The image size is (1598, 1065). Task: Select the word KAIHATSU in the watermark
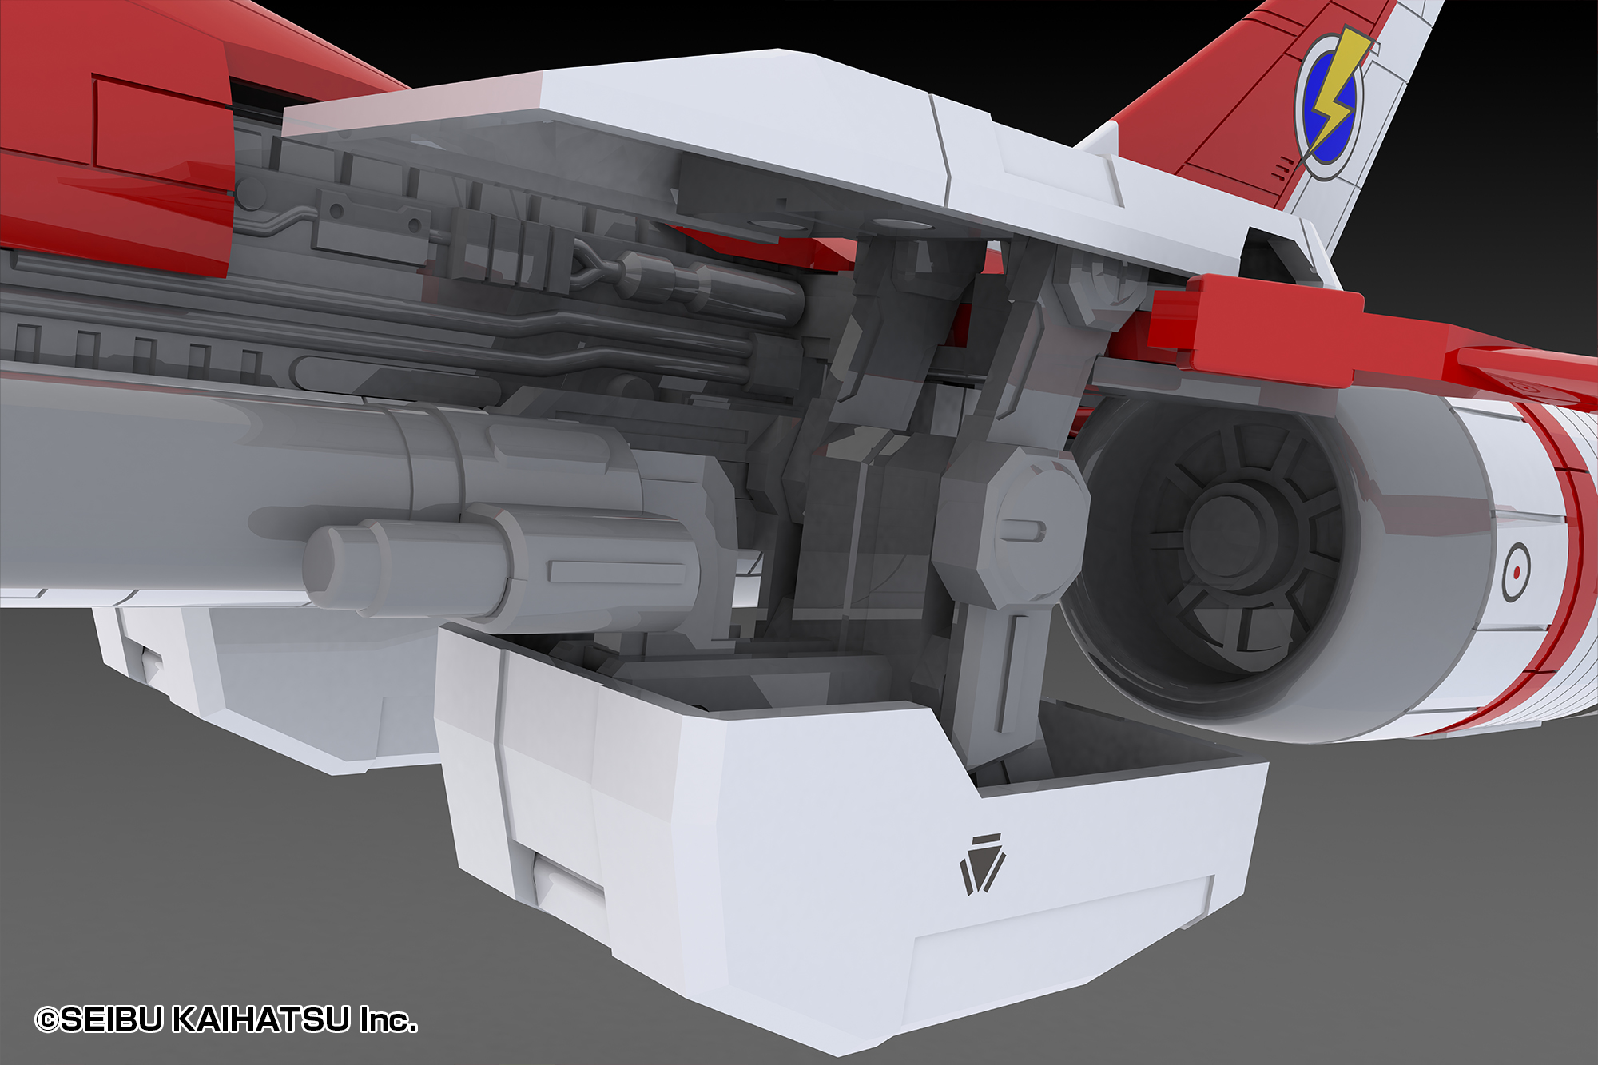(262, 1019)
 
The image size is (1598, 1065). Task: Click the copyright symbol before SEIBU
(47, 1020)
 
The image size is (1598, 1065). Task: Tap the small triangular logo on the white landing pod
(982, 864)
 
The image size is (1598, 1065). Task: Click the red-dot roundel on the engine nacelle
(1516, 571)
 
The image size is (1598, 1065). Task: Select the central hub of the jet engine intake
(1226, 531)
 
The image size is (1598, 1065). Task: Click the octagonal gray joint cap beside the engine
(1011, 527)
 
